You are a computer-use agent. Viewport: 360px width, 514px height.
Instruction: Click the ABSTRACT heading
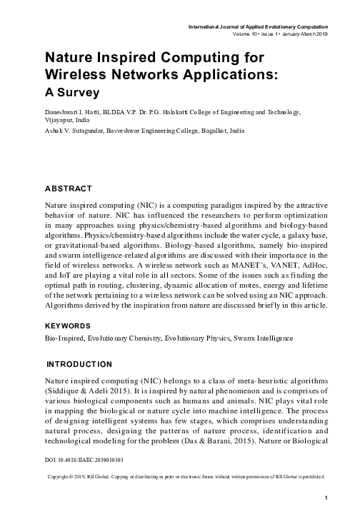pyautogui.click(x=68, y=188)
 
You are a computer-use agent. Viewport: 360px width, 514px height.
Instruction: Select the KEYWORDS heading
pyautogui.click(x=68, y=325)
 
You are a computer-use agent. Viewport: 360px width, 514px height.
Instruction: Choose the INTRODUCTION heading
pyautogui.click(x=79, y=364)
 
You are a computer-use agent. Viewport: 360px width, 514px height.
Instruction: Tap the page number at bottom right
pyautogui.click(x=326, y=497)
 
